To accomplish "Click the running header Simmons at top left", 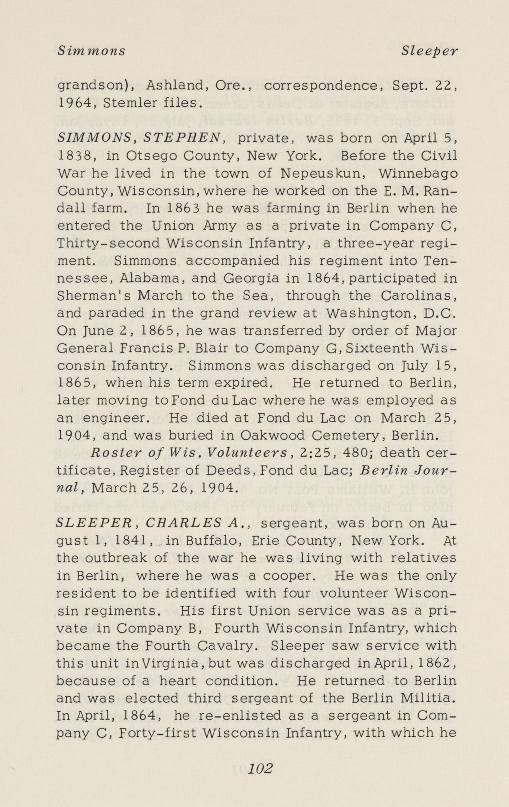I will [91, 51].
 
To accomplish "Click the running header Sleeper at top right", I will [429, 51].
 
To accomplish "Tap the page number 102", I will [261, 768].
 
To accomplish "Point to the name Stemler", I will [130, 103].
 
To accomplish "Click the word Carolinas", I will [418, 296].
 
